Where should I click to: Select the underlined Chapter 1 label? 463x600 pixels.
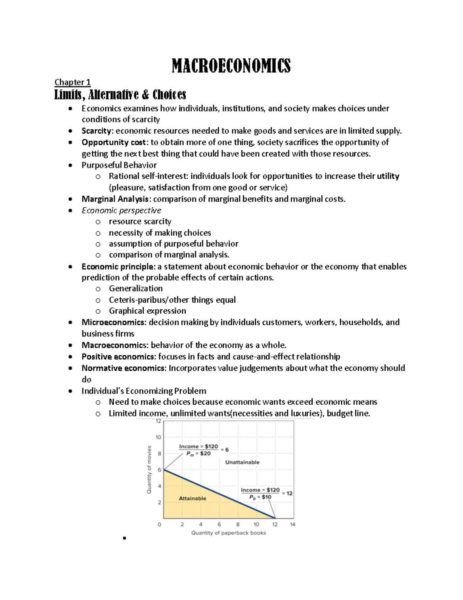point(72,82)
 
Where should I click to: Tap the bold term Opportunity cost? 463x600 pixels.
point(113,142)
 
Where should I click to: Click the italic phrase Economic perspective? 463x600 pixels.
point(121,210)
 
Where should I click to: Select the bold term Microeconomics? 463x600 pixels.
point(114,322)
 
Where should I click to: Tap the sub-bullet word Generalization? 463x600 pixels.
point(135,288)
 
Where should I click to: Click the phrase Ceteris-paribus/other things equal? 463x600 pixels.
point(172,300)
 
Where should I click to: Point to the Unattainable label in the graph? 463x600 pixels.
point(242,462)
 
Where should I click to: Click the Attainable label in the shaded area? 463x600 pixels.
point(192,498)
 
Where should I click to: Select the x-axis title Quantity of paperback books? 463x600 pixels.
point(228,533)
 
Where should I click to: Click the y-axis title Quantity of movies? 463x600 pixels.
point(149,469)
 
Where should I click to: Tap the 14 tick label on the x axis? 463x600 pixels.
point(292,524)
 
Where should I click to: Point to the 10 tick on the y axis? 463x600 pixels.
point(158,437)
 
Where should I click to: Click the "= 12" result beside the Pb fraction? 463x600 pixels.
point(287,493)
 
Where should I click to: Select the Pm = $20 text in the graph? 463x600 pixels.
point(198,454)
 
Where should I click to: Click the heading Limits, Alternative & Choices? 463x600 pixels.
point(120,94)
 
